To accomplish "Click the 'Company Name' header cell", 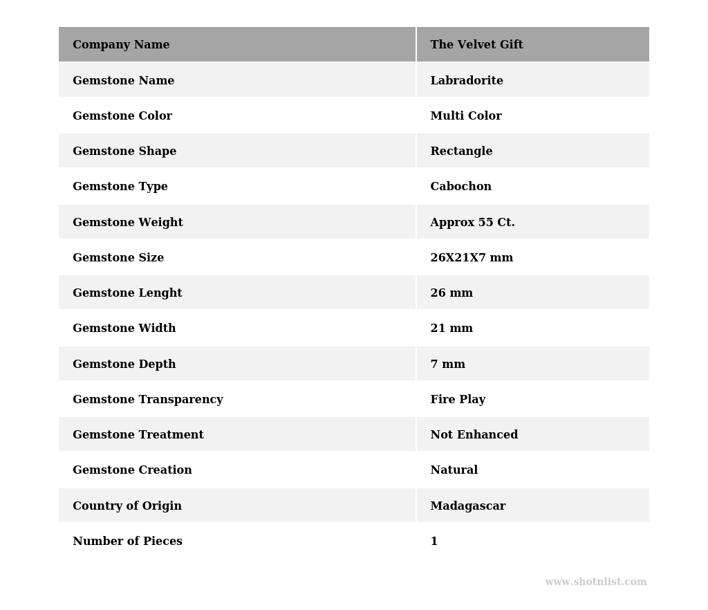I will [121, 45].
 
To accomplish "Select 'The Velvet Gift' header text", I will [476, 45].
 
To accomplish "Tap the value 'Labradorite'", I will [467, 81].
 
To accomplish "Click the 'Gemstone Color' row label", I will [122, 116].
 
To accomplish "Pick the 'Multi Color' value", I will [466, 116].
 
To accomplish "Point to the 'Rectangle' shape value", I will [461, 151].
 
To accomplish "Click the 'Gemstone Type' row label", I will [120, 187].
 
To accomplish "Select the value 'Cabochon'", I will [460, 187].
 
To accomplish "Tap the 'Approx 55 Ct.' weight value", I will [472, 223].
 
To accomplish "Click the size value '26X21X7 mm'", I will [472, 258].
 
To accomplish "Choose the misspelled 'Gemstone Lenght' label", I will [127, 293].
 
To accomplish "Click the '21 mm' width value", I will [451, 329].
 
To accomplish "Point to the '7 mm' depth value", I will [447, 364].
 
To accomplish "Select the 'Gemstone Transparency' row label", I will [148, 400].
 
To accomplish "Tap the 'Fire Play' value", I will [458, 400].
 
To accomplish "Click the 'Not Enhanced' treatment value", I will [474, 435].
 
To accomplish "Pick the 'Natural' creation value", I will [454, 470].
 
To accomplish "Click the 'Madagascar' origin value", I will [467, 506].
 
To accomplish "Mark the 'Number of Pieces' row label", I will [127, 542].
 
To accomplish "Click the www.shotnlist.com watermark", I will [595, 582].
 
